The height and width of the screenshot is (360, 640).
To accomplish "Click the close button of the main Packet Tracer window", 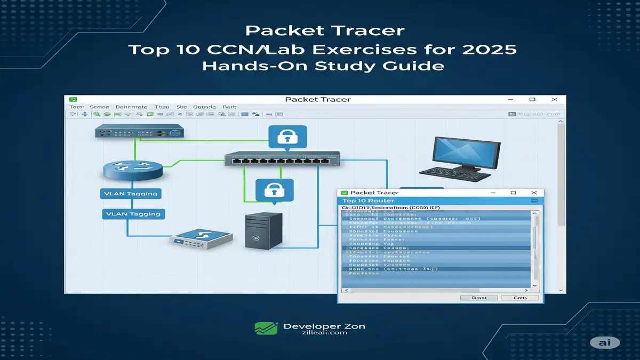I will point(555,99).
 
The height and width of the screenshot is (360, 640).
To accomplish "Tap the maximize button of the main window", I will point(532,99).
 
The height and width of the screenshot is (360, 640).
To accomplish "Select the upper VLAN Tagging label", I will point(132,194).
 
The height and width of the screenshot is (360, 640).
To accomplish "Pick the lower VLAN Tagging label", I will point(133,214).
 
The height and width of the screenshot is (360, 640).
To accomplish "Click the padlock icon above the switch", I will point(287,138).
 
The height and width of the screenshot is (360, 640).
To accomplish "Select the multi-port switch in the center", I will point(282,158).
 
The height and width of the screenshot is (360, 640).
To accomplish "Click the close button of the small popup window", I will point(534,193).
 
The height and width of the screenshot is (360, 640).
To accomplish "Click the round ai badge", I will point(604,343).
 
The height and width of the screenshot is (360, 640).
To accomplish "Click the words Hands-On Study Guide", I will point(320,66).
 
